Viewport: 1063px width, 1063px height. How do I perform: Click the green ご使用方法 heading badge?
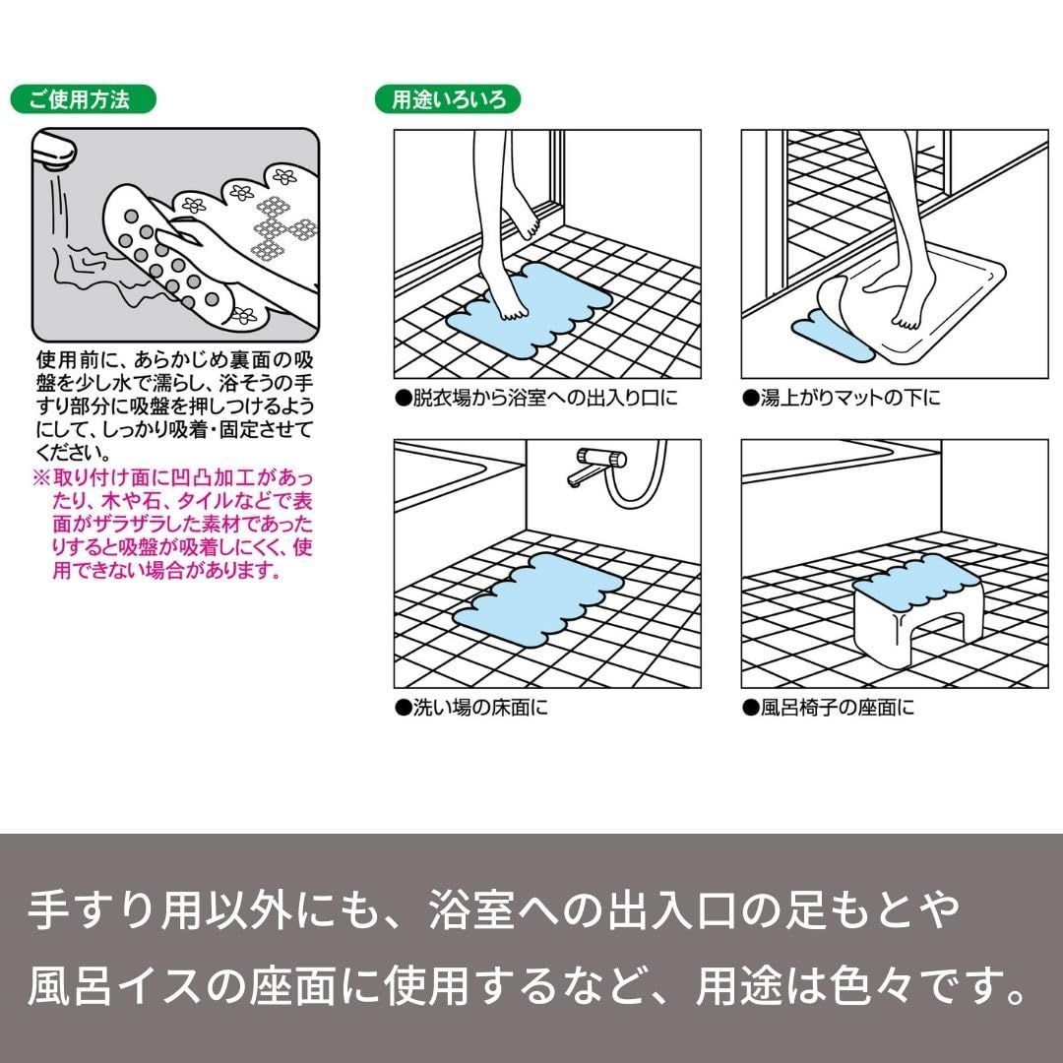(84, 99)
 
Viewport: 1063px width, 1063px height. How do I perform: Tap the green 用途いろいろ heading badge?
(448, 99)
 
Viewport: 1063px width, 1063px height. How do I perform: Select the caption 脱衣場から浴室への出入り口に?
(536, 398)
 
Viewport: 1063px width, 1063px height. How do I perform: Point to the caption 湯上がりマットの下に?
(842, 398)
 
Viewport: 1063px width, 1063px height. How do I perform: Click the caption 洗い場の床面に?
(471, 708)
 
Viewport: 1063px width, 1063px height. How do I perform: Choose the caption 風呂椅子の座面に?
(829, 708)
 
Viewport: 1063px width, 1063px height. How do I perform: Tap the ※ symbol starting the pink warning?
(42, 478)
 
